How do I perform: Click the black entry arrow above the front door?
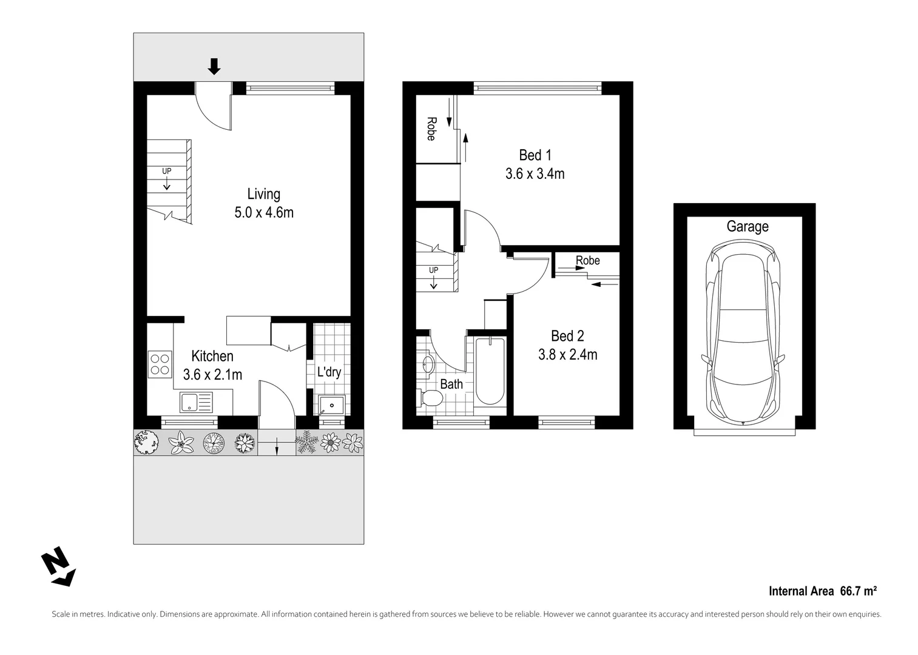pyautogui.click(x=214, y=66)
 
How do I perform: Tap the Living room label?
pyautogui.click(x=264, y=194)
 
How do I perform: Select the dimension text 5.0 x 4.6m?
pyautogui.click(x=264, y=213)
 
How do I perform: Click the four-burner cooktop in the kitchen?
pyautogui.click(x=160, y=364)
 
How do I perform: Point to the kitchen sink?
pyautogui.click(x=196, y=401)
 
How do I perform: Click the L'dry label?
pyautogui.click(x=329, y=372)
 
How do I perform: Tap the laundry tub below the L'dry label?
pyautogui.click(x=332, y=405)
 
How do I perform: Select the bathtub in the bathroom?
pyautogui.click(x=490, y=371)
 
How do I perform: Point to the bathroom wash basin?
pyautogui.click(x=428, y=364)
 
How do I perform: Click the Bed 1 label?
pyautogui.click(x=535, y=155)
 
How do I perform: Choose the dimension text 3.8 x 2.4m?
pyautogui.click(x=567, y=355)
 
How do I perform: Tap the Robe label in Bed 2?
pyautogui.click(x=587, y=261)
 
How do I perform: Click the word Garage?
pyautogui.click(x=748, y=227)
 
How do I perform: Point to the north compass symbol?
pyautogui.click(x=58, y=566)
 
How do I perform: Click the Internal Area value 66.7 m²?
pyautogui.click(x=858, y=591)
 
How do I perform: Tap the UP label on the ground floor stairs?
pyautogui.click(x=166, y=171)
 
